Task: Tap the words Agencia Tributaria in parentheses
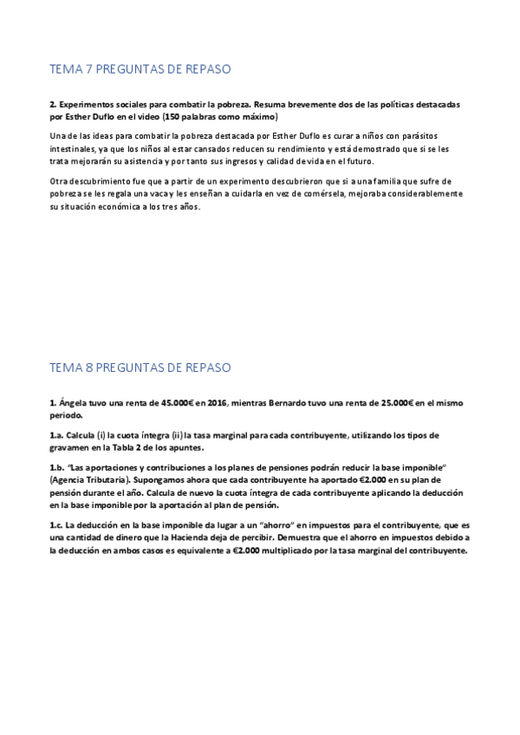tap(90, 479)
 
